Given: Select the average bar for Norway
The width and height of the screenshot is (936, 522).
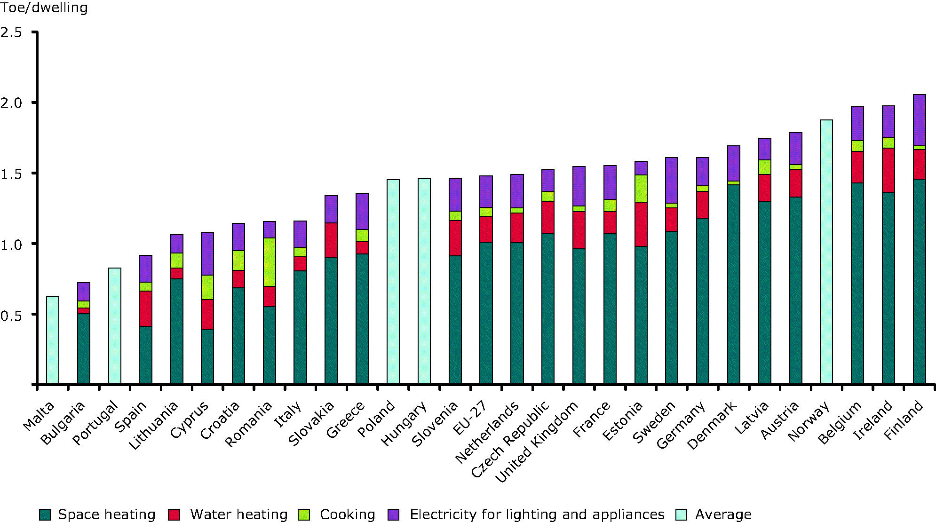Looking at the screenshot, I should tap(826, 252).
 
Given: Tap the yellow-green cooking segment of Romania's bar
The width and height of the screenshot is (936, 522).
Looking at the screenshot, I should tap(270, 262).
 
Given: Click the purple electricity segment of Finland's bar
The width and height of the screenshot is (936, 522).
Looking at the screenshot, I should tap(919, 120).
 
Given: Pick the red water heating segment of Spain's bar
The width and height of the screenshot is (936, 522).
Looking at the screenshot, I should tap(145, 308).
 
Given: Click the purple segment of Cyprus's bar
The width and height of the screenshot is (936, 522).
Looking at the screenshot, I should tap(207, 253).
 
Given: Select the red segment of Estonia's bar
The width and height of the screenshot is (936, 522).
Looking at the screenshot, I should tap(641, 224).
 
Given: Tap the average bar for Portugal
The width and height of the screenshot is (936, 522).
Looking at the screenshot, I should tap(115, 326).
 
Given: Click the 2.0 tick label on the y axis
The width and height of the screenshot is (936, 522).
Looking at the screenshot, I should tap(11, 103).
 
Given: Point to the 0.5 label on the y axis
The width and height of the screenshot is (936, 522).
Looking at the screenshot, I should tap(11, 315).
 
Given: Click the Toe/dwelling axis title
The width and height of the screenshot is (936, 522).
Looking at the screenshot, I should tap(44, 8).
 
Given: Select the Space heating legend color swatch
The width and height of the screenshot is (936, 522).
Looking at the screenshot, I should tap(45, 514).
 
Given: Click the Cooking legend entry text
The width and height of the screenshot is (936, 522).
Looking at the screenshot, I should tap(347, 514).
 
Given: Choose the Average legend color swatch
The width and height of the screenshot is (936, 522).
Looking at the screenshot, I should tap(681, 514).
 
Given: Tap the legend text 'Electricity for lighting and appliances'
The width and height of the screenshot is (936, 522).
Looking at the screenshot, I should tap(537, 514).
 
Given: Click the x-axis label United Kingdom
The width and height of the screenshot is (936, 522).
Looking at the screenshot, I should tap(536, 443).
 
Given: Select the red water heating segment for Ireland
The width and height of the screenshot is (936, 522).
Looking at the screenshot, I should tap(888, 170).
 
